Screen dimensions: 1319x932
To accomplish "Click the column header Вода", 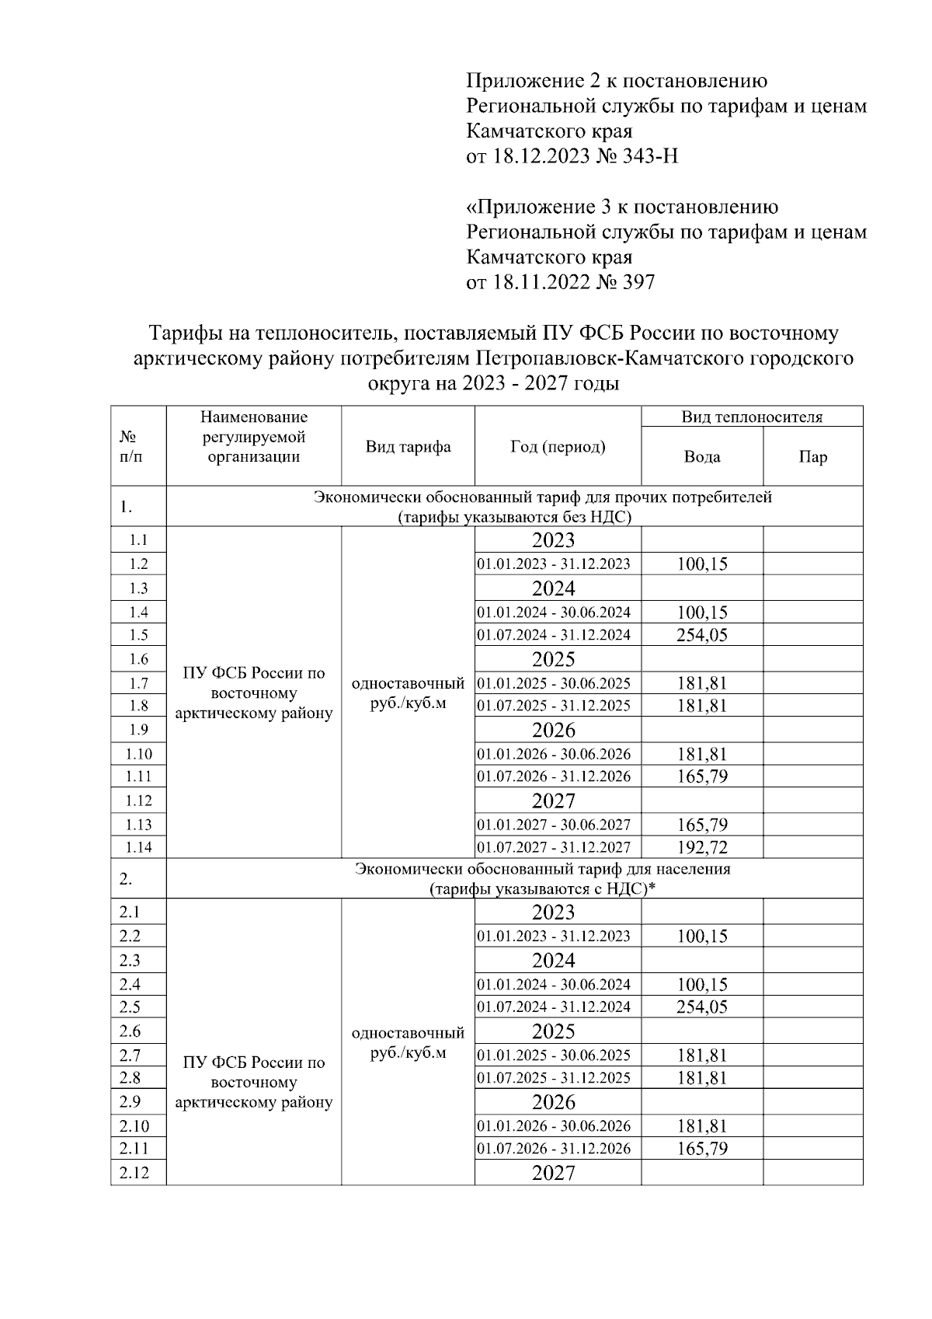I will pyautogui.click(x=701, y=457).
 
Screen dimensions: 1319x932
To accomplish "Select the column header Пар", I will pyautogui.click(x=812, y=457).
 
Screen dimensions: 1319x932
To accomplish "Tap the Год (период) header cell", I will pyautogui.click(x=558, y=446).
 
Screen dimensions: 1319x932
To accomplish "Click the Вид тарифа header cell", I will pyautogui.click(x=408, y=447).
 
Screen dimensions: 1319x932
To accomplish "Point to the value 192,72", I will pyautogui.click(x=702, y=847).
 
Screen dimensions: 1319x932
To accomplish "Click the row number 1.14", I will pyautogui.click(x=138, y=847).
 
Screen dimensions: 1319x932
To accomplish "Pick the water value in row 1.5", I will pyautogui.click(x=702, y=635).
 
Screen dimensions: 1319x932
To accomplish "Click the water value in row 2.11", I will pyautogui.click(x=702, y=1149).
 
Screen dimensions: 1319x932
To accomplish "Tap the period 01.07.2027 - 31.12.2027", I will pyautogui.click(x=554, y=847).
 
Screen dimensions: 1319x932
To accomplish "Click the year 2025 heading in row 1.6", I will pyautogui.click(x=554, y=659).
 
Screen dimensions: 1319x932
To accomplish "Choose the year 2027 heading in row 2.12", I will pyautogui.click(x=554, y=1173).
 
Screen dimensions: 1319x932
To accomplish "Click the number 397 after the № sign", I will pyautogui.click(x=639, y=282).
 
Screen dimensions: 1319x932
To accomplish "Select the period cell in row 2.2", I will pyautogui.click(x=554, y=936).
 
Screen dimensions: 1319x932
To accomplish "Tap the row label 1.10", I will pyautogui.click(x=138, y=754).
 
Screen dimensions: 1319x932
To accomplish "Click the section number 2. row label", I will pyautogui.click(x=126, y=879).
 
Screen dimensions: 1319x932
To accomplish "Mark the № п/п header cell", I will pyautogui.click(x=131, y=447).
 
